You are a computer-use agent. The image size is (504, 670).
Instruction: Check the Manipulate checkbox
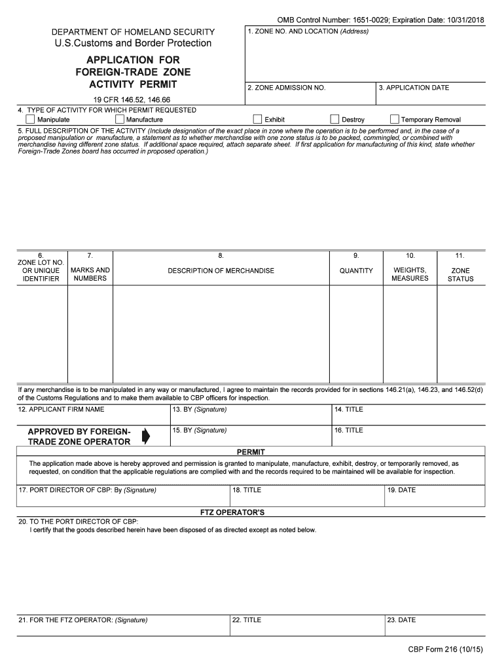[30, 120]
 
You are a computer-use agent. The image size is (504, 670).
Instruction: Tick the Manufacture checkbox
[120, 120]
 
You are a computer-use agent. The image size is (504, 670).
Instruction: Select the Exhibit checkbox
[258, 120]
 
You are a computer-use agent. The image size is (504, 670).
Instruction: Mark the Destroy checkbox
[335, 120]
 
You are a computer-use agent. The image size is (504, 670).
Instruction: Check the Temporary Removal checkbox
[395, 120]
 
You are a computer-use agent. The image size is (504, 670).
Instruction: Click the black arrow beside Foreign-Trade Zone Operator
[146, 436]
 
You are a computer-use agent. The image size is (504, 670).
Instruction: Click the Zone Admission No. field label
[286, 88]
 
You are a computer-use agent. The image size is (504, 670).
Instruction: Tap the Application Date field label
[414, 88]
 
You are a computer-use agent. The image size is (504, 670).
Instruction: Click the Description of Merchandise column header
[221, 271]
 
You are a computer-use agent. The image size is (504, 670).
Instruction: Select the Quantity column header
[356, 271]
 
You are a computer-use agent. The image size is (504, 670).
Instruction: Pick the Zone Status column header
[460, 275]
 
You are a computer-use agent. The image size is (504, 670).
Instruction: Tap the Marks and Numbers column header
[90, 274]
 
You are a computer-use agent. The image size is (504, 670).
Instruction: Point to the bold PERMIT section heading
[250, 452]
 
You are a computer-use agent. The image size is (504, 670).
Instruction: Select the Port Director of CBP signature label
[87, 490]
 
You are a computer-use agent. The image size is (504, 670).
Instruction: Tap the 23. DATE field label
[401, 620]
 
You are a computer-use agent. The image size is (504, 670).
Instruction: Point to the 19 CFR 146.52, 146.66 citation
[133, 99]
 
